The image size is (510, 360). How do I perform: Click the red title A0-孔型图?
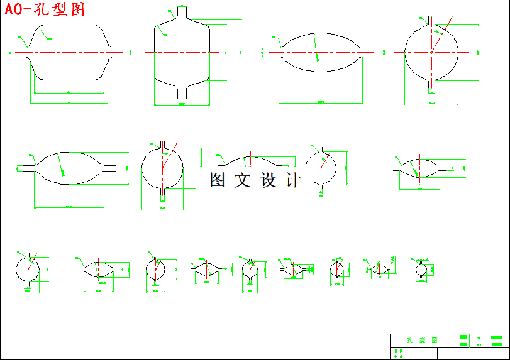pos(44,9)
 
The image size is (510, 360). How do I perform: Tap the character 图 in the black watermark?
pos(218,180)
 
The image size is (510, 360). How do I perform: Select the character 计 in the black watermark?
pos(293,180)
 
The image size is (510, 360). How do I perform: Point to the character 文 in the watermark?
pos(242,180)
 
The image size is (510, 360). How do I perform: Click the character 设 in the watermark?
pos(268,180)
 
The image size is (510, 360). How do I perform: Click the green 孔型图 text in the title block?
pos(418,340)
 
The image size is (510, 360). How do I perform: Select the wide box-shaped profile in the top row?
pos(69,53)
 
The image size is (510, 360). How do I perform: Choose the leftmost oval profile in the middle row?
pos(68,168)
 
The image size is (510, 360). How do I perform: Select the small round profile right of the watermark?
pos(321,168)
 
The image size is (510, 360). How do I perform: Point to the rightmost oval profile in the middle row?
pos(422,167)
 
